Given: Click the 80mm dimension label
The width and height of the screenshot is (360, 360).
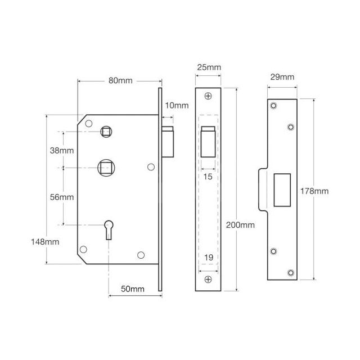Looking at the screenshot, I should point(120,80).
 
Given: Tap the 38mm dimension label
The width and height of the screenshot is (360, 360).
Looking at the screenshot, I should point(61,150).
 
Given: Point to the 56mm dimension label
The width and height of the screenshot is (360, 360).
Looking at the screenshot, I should point(61,197).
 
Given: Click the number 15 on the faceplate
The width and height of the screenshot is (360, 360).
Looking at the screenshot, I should point(208,177).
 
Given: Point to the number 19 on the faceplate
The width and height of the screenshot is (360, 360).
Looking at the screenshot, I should point(208,258).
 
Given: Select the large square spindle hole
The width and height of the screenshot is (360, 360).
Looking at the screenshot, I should point(105,167).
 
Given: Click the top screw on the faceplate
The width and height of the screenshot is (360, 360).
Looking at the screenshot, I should point(208,96).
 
